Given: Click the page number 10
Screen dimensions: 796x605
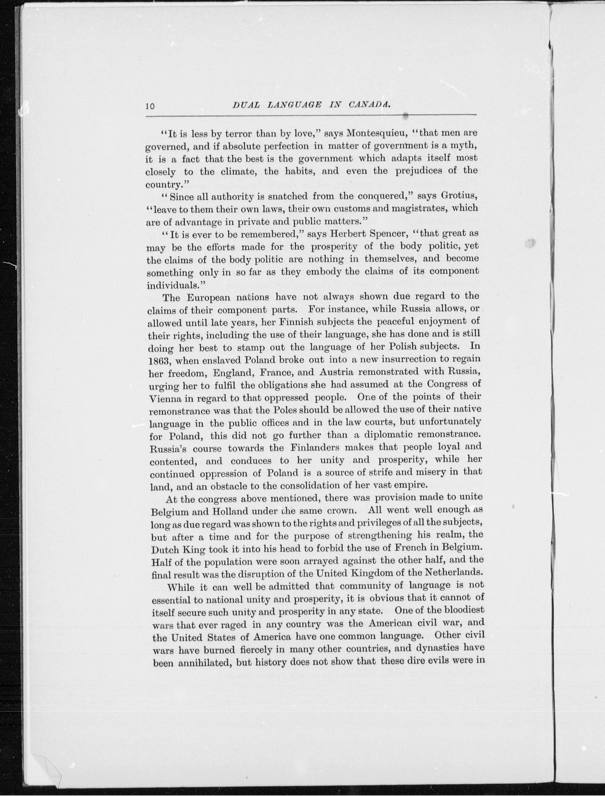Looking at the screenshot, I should point(150,106).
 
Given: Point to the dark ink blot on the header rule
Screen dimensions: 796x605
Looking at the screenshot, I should point(406,116).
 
